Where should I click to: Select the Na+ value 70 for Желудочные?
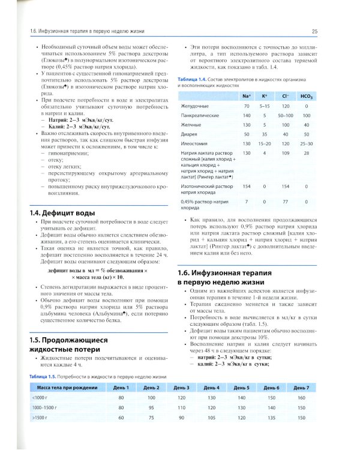pos(246,105)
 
